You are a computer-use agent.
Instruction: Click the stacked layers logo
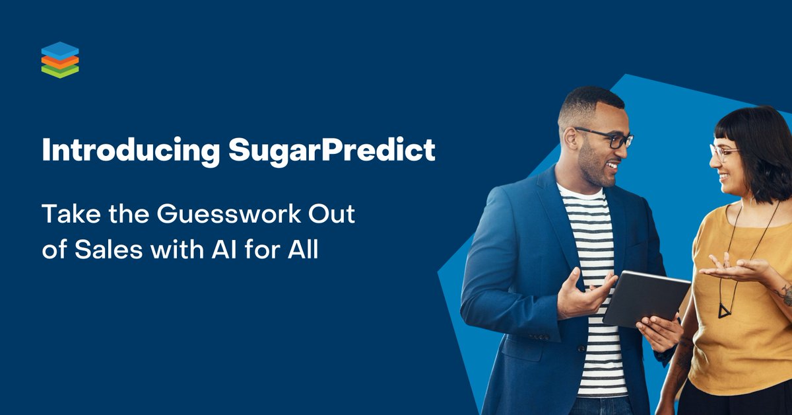(59, 59)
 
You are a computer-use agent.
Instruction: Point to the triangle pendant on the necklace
(725, 310)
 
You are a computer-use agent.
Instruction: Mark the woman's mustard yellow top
(746, 330)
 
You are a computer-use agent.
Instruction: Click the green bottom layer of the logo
(59, 72)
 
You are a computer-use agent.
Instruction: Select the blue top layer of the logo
(59, 50)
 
